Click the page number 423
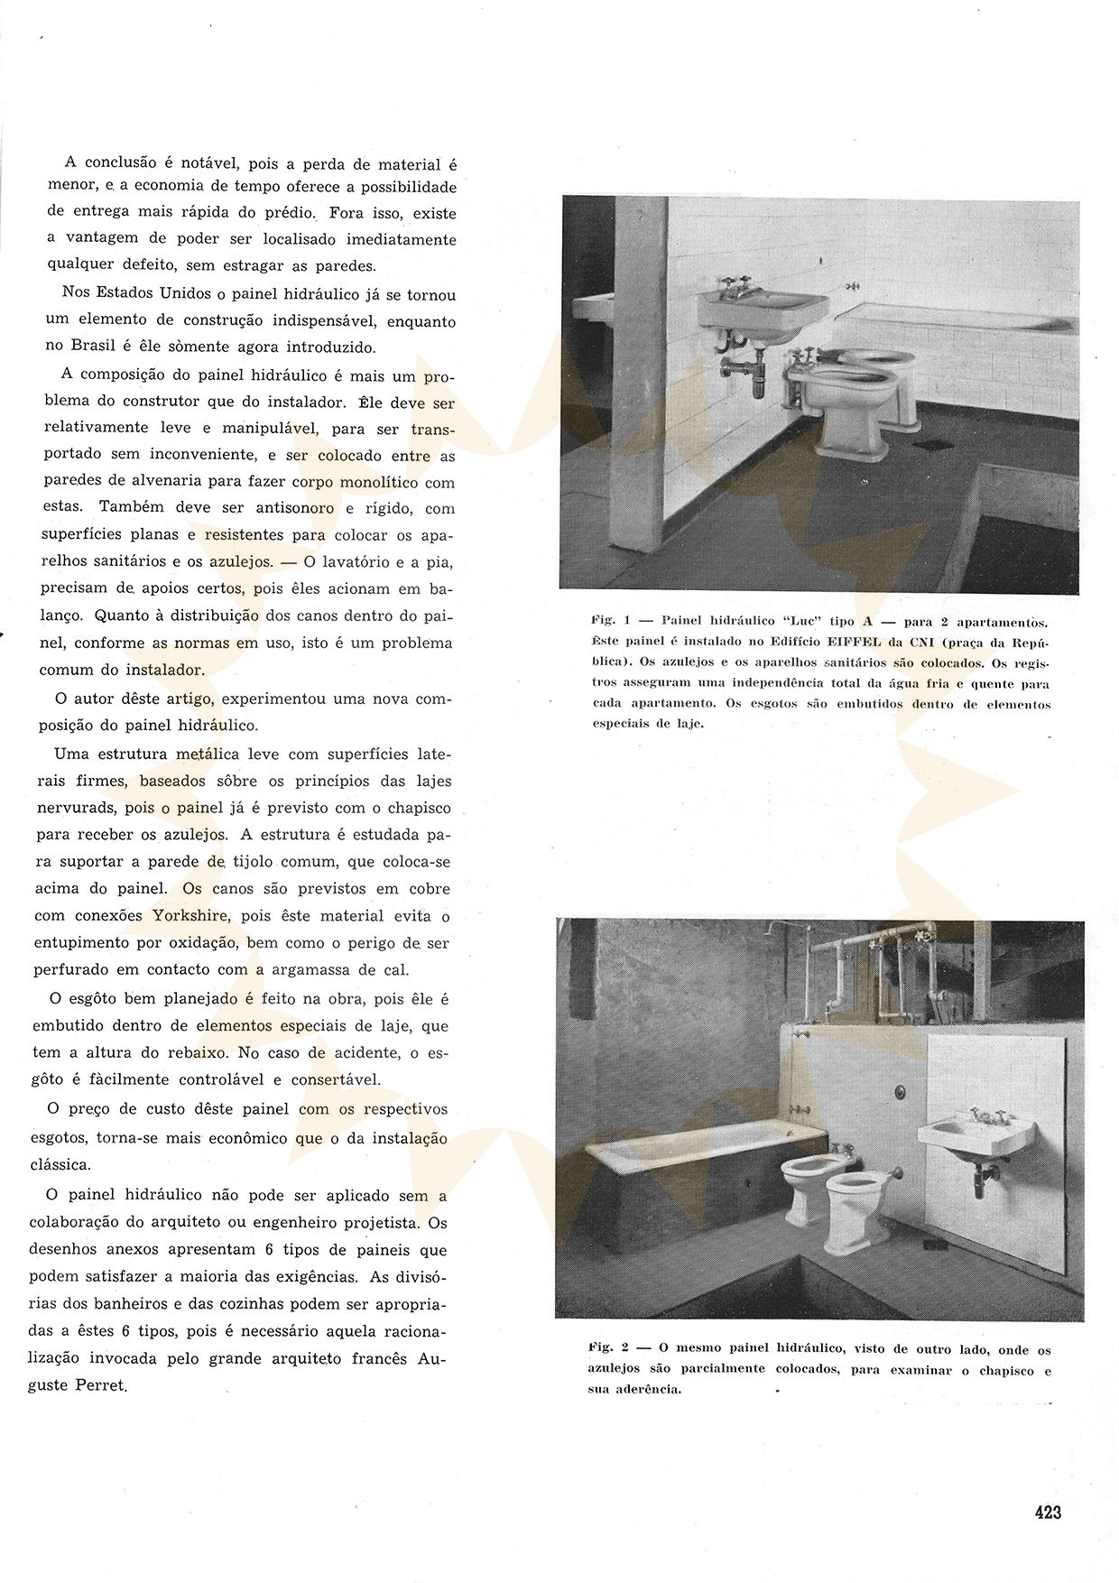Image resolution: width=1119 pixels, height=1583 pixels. click(1047, 1512)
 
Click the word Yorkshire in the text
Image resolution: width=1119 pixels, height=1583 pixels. click(191, 915)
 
